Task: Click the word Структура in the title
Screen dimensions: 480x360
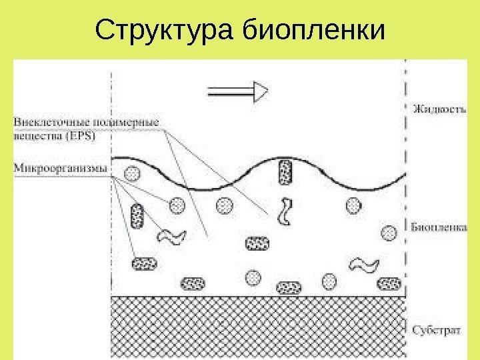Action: pyautogui.click(x=167, y=30)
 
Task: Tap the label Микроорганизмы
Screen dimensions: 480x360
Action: pyautogui.click(x=60, y=168)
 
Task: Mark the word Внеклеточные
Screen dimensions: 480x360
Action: pyautogui.click(x=45, y=123)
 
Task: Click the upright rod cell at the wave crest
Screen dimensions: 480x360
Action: pyautogui.click(x=287, y=171)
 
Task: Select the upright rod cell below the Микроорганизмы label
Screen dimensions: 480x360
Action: pyautogui.click(x=138, y=216)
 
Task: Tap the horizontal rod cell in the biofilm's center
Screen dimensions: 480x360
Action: pyautogui.click(x=255, y=243)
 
